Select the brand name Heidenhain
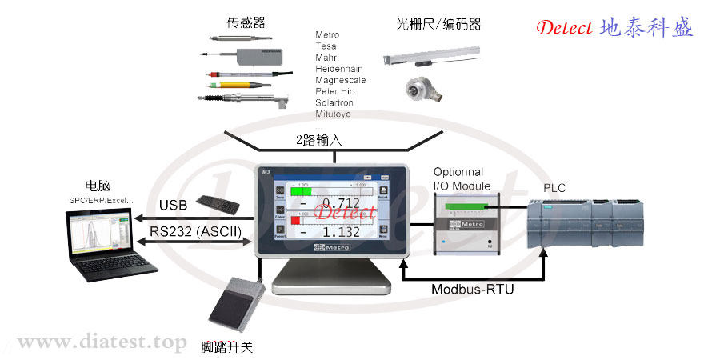click(x=341, y=69)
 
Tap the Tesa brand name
click(x=326, y=46)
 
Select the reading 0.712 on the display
click(x=345, y=204)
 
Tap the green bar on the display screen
click(x=302, y=192)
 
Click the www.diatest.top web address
click(x=102, y=342)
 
